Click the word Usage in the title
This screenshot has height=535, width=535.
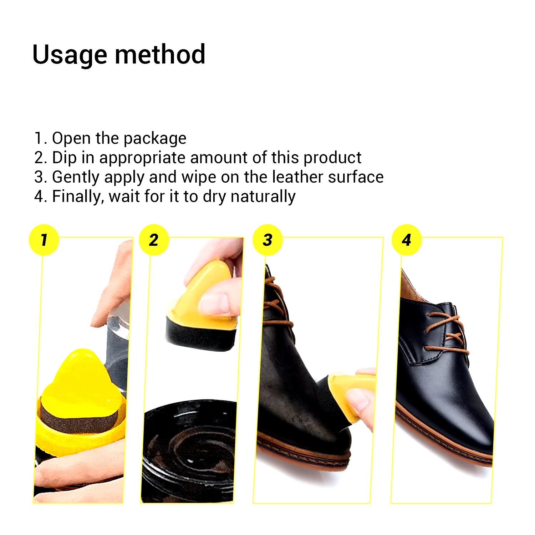coord(70,55)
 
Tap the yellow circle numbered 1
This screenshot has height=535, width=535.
coord(44,240)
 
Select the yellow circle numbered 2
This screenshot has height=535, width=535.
coord(154,240)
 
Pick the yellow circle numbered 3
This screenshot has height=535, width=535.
coord(267,240)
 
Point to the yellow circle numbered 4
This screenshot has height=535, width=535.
coord(407,240)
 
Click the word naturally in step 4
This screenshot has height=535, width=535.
coord(263,197)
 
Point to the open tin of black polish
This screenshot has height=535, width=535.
coord(189,453)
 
